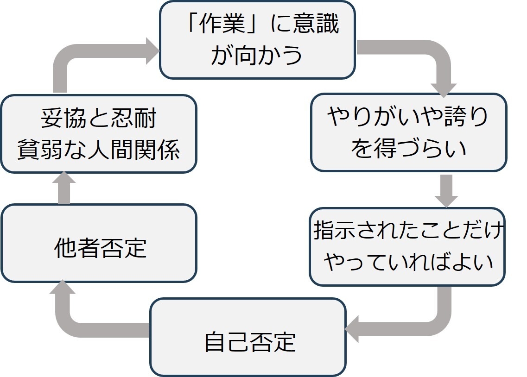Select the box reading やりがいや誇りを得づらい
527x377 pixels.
coord(407,132)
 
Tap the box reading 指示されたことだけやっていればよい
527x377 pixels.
coord(407,246)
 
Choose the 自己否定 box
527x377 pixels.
coord(248,337)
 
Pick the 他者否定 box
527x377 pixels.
coord(98,243)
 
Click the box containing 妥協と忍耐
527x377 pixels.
coord(98,134)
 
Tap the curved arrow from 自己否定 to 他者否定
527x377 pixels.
coord(79,320)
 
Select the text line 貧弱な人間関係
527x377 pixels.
coord(98,150)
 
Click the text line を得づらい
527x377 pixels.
coord(408,149)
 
